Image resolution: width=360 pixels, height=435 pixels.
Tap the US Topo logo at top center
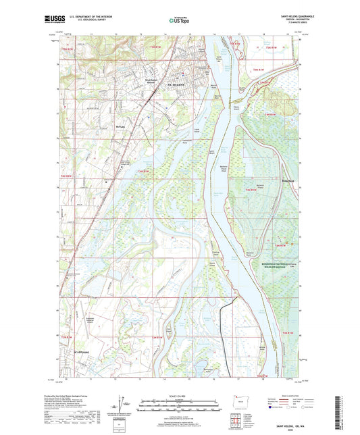[x=179, y=21]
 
